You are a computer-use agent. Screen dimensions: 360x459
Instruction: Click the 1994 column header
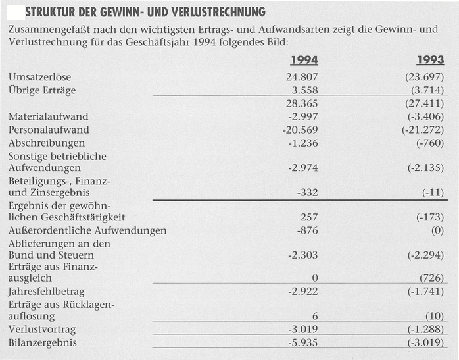304,61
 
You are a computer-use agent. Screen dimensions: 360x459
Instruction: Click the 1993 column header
430,61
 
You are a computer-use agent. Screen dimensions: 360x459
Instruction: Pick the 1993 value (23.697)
425,77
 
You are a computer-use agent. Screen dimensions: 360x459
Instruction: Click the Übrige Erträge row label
42,90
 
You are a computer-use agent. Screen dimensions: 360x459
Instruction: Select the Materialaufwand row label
48,116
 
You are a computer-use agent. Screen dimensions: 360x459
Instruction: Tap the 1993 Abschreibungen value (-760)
430,143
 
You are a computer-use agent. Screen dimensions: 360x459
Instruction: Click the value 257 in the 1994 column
309,217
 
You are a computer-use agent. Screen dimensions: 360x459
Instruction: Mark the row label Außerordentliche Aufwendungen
87,230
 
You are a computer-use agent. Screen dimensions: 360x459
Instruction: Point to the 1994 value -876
306,230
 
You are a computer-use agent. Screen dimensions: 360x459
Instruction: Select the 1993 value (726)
431,278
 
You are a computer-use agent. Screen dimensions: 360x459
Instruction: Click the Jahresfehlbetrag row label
46,291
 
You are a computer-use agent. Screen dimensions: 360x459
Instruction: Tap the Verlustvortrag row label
41,330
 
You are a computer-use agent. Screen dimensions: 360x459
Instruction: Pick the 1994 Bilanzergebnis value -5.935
302,343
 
